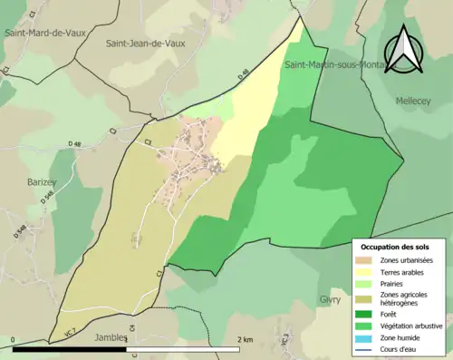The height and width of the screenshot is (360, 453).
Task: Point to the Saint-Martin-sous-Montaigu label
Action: point(341,65)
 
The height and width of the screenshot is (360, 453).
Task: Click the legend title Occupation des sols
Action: point(397,246)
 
